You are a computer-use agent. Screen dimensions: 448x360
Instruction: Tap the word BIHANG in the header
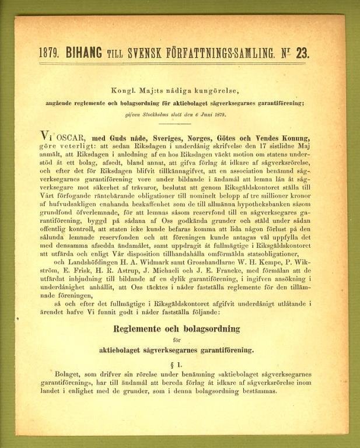pos(85,53)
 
